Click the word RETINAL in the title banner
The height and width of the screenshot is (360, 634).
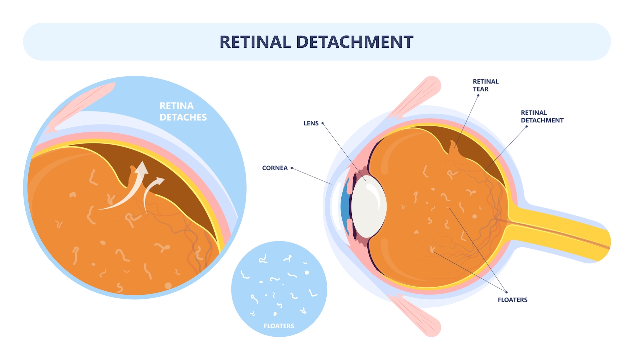255,42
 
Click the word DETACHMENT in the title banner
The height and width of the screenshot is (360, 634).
354,42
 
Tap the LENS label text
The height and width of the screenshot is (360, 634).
311,123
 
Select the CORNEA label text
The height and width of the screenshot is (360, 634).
275,168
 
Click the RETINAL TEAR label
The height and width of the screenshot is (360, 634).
485,85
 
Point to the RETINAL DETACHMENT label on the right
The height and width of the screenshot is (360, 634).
542,117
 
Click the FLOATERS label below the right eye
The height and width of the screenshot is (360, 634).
512,300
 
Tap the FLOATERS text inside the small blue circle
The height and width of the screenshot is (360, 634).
279,326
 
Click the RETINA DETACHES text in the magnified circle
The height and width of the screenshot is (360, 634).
183,112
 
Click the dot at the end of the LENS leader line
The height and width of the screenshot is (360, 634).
322,123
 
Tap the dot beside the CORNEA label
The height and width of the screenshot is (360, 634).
292,168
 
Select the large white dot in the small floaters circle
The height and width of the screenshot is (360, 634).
307,273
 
